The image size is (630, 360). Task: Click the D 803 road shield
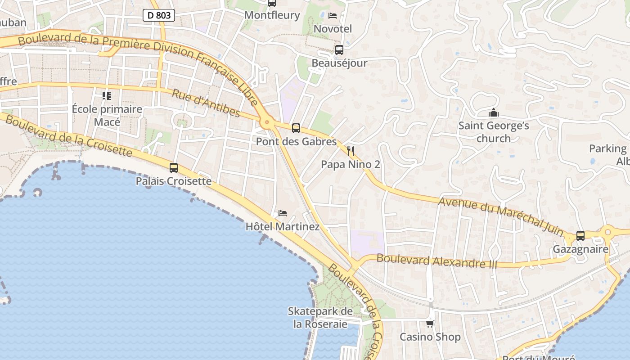pos(159,15)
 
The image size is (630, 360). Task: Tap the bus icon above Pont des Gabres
pos(296,128)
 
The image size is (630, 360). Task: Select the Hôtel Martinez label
pos(283,227)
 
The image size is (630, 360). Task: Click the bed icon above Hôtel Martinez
pos(283,213)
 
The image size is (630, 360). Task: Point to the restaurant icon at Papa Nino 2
pos(351,151)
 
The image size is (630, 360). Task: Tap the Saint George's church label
pos(494,132)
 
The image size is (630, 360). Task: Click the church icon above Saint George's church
pos(494,112)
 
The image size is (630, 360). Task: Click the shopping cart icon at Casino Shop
pos(430,324)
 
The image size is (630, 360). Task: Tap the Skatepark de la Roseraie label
pos(320,318)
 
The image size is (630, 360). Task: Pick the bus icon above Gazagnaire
pos(580,235)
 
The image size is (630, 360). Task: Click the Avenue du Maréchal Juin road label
pos(500,216)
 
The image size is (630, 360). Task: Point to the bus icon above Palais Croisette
pos(174,168)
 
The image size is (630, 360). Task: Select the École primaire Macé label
pos(107,116)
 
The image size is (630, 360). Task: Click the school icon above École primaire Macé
pos(107,95)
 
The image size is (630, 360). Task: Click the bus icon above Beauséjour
pos(339,50)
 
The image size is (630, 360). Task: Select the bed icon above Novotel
pos(333,16)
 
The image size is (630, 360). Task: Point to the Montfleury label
pos(272,15)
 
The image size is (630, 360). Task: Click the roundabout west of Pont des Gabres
pos(267,121)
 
